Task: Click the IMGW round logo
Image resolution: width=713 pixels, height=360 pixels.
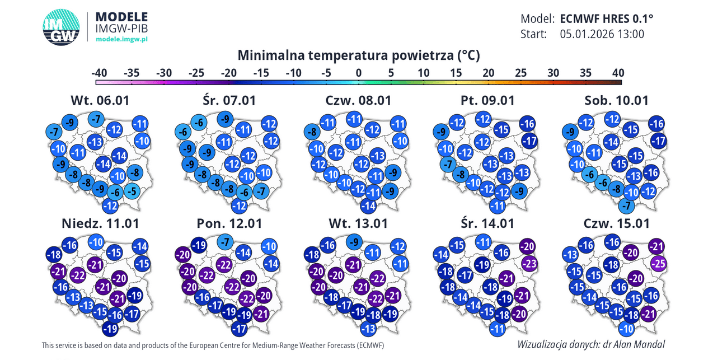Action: tap(61, 26)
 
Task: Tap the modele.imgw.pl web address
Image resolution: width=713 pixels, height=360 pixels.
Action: tap(121, 39)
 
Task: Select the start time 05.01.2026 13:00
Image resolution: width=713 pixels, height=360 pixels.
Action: tap(602, 34)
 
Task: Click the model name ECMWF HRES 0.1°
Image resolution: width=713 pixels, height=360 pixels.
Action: tap(607, 18)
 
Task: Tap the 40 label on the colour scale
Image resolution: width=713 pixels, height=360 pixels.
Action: tap(617, 73)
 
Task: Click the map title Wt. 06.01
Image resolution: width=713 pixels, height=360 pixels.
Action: tap(100, 101)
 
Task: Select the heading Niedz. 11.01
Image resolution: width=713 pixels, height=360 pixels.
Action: tap(100, 224)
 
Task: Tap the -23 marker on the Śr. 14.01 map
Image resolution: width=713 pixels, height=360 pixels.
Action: tap(529, 263)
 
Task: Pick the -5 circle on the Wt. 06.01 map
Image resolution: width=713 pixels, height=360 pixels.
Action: tap(132, 191)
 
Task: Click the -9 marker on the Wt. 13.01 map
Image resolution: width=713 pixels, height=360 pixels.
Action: tap(353, 242)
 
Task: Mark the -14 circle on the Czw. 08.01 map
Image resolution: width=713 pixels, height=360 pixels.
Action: tap(368, 205)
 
